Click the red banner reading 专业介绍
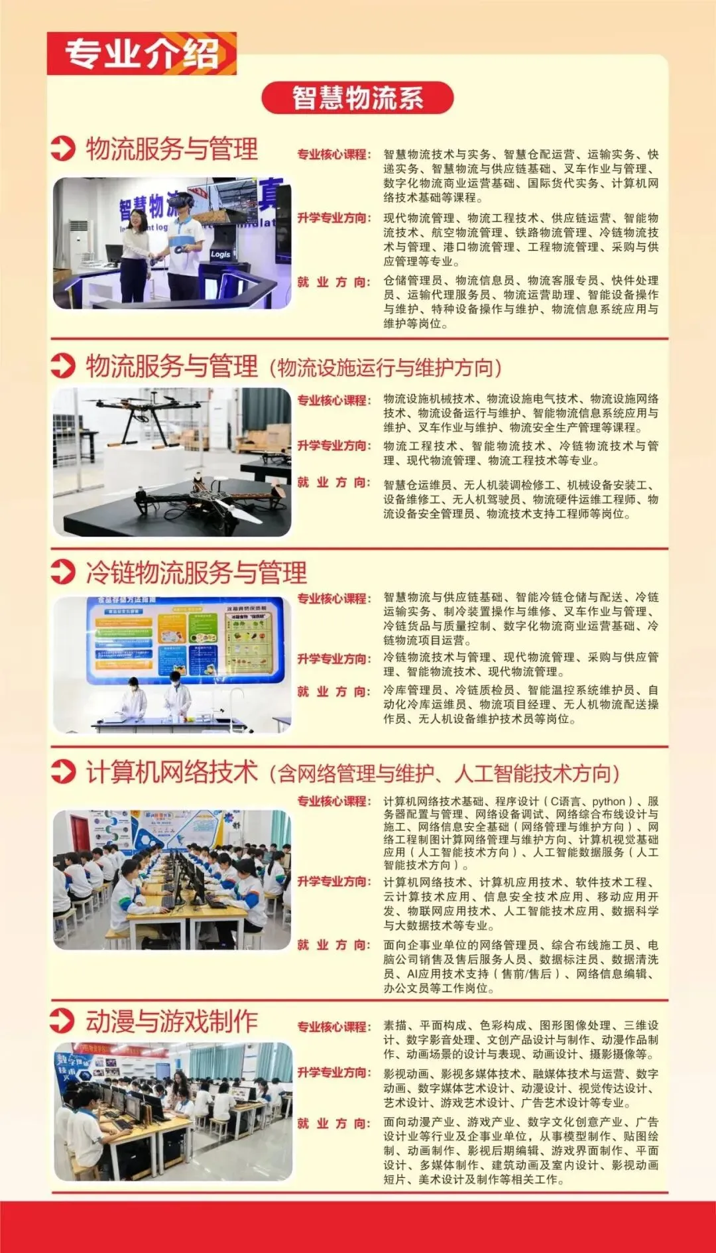141,53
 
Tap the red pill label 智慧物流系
357,98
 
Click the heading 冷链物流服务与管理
196,572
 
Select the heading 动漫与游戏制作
172,1021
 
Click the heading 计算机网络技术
172,772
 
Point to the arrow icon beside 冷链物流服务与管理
63,572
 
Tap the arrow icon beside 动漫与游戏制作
63,1020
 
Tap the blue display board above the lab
186,639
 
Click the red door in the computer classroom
80,833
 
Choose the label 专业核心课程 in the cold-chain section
333,598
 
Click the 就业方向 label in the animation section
333,1123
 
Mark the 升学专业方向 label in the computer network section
333,881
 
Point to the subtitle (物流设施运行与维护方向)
386,367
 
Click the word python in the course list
609,801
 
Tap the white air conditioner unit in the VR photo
79,245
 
